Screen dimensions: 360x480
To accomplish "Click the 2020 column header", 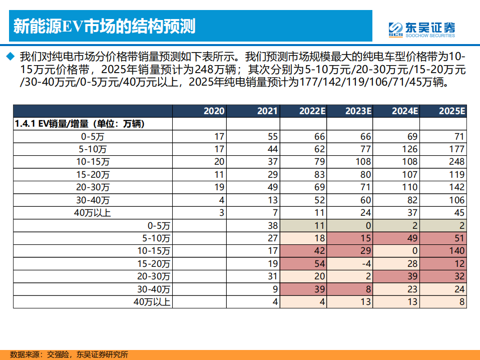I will [214, 111].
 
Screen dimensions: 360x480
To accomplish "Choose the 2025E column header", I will [452, 111].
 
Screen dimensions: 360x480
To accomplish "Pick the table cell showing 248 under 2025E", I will [456, 162].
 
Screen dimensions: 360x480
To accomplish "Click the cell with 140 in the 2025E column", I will [456, 251].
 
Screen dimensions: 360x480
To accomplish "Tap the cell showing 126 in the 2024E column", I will [410, 149].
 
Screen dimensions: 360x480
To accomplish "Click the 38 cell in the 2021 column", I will [272, 225].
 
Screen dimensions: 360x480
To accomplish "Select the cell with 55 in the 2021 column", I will [272, 136].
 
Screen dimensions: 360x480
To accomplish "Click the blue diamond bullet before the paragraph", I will [10, 56].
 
